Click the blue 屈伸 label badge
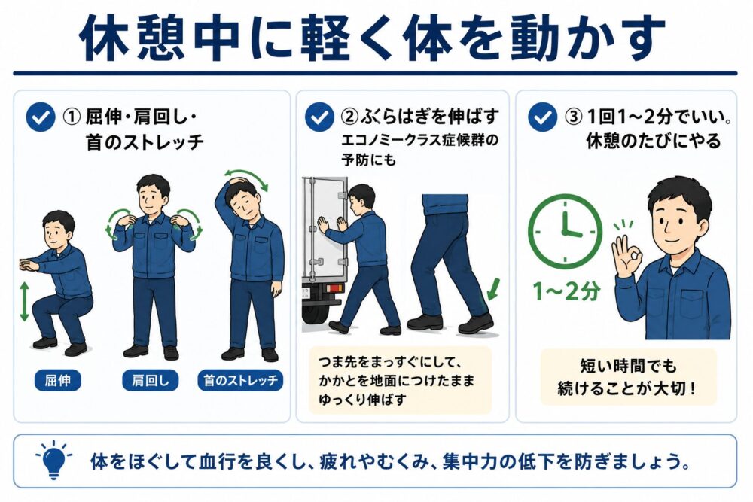(58, 380)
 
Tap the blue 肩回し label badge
(151, 380)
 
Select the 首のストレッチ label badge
(241, 380)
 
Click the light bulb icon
(53, 460)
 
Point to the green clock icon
(565, 231)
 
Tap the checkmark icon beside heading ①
(41, 117)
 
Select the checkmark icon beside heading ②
(319, 117)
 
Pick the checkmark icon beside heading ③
(542, 117)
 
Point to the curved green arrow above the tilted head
(246, 177)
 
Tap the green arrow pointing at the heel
(493, 289)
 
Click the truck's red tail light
(334, 288)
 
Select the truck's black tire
(316, 315)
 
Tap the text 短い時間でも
(628, 367)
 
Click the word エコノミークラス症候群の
(419, 140)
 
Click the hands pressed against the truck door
(332, 226)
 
